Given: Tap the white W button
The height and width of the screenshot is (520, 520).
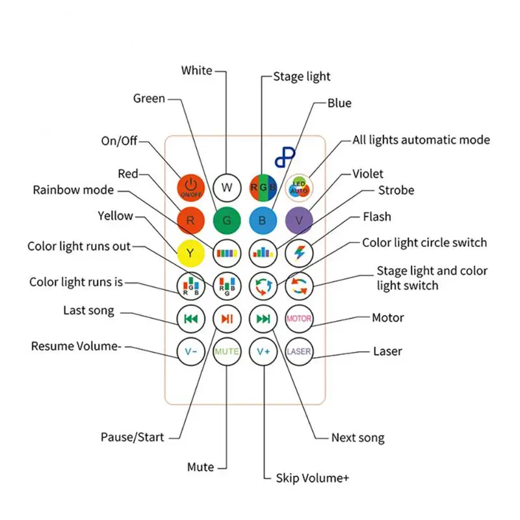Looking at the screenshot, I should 227,188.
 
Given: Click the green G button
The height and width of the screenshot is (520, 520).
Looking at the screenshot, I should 227,220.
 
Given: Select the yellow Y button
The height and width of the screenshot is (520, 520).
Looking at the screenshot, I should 190,253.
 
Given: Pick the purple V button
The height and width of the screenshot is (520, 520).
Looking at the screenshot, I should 299,220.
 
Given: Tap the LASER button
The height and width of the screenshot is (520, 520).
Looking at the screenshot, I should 299,351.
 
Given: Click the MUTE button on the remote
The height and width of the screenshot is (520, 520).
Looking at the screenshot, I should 227,351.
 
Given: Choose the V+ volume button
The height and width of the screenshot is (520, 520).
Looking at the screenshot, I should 263,351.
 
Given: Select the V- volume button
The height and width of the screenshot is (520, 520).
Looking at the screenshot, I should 190,351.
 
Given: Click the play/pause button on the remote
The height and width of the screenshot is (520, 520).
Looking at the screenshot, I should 227,318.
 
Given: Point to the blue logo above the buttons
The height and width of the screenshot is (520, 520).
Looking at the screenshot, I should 284,157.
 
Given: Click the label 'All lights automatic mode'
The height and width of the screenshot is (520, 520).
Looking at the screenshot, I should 421,140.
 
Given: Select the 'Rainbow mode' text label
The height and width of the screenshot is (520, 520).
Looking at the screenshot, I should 73,190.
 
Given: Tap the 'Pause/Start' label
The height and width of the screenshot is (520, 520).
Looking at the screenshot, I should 133,437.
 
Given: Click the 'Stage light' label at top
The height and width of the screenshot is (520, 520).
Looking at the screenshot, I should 302,77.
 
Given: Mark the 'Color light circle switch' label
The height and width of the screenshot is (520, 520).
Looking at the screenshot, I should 424,242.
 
